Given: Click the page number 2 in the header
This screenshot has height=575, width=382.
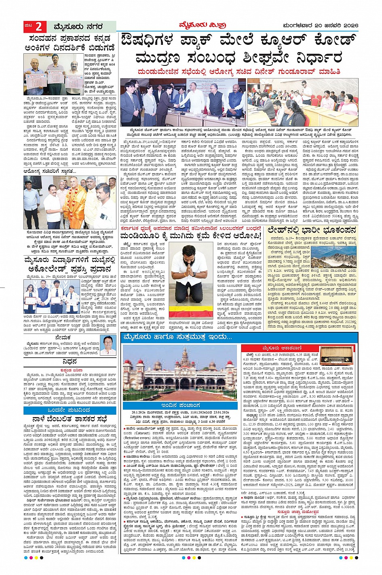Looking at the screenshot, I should pyautogui.click(x=38, y=27).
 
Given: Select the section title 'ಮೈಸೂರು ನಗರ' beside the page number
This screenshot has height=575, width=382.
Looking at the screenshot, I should pyautogui.click(x=75, y=27).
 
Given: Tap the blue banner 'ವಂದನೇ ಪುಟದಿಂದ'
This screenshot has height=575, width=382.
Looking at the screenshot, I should pyautogui.click(x=70, y=410).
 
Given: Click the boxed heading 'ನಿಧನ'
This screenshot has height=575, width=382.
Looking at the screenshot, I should pyautogui.click(x=70, y=362).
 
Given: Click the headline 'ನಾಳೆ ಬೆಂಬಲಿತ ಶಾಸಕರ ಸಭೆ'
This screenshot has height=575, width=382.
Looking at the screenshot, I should pyautogui.click(x=70, y=418).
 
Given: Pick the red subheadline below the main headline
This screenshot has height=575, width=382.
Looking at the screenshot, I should pyautogui.click(x=238, y=71).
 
